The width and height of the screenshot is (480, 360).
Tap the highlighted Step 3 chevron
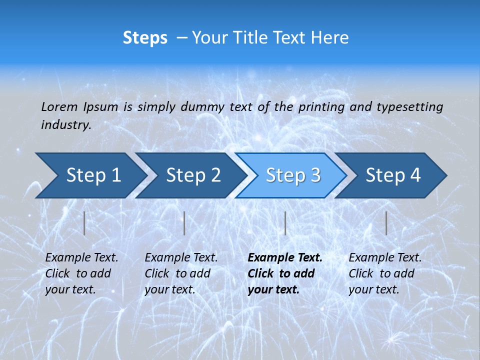293,175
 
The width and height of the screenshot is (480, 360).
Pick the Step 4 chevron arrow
393,175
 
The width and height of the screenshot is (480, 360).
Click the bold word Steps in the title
145,37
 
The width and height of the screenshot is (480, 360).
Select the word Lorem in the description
59,106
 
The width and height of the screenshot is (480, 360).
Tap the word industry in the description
66,124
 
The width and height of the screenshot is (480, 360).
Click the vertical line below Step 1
84,223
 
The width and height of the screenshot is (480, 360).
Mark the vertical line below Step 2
184,223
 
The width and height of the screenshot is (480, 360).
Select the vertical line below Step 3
285,223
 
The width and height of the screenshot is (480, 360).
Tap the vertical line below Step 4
386,223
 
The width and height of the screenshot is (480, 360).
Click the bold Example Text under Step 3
285,258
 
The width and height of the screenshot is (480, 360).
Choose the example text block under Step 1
81,273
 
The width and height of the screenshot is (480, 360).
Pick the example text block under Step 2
181,273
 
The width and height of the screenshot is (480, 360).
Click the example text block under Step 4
385,273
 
